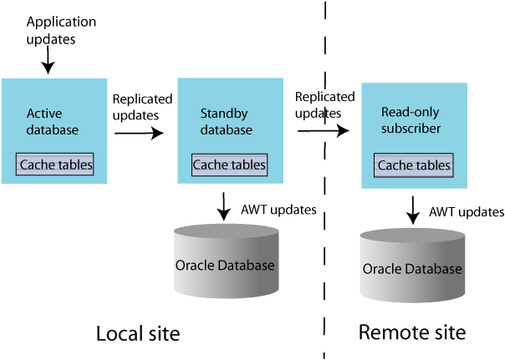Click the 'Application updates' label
61,28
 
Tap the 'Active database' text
52,122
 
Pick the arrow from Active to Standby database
139,132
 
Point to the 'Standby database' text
226,122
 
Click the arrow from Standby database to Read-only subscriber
323,130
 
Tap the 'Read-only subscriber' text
411,120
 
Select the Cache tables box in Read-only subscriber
413,165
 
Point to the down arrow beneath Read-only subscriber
413,209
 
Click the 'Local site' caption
138,334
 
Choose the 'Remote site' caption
411,332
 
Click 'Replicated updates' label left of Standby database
142,105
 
